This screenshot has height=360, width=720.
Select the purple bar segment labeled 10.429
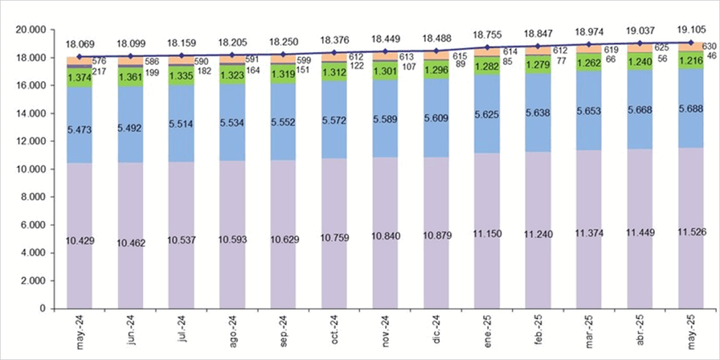[x=79, y=241]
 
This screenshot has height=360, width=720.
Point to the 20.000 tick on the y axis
[x=30, y=30]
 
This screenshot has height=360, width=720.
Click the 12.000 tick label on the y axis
[x=30, y=141]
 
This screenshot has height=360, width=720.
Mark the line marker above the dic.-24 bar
[x=437, y=51]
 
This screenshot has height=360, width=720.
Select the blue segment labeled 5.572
[x=335, y=122]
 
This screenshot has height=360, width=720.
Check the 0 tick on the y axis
[x=41, y=309]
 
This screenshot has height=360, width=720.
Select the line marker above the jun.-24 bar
[x=131, y=55]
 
